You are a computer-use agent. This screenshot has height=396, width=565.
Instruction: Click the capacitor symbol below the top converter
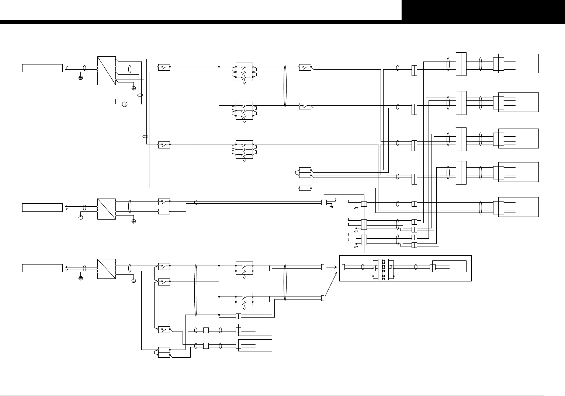(125, 104)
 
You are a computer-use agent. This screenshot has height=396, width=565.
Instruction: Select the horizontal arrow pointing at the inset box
(331, 267)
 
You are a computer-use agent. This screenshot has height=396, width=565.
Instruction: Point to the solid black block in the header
(483, 10)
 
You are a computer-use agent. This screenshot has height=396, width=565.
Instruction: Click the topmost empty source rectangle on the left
(42, 68)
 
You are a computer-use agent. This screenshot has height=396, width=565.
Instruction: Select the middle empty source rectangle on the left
(42, 207)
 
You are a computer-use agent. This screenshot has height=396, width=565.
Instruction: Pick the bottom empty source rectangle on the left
(42, 268)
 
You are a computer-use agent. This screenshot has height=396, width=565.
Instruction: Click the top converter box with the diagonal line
(107, 71)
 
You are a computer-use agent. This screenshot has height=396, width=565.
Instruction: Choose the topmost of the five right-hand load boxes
(518, 63)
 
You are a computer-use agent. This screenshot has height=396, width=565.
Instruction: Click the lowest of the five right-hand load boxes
(518, 207)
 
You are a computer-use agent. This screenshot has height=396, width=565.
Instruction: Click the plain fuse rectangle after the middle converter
(164, 211)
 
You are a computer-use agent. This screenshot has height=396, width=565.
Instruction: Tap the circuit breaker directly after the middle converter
(164, 201)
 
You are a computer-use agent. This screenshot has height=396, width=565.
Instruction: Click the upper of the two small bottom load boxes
(255, 330)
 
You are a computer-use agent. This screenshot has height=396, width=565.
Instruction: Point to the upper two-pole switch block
(244, 268)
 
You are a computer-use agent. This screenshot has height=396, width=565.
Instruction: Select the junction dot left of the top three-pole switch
(219, 67)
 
